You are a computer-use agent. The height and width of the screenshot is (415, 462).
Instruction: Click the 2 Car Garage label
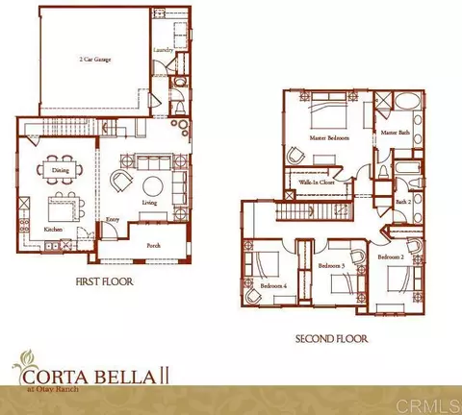(93, 60)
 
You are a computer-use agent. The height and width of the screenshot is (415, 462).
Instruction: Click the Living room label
(149, 203)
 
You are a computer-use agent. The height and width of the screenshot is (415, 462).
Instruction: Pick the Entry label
(113, 218)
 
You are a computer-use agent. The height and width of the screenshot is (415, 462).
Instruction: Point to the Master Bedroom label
(330, 138)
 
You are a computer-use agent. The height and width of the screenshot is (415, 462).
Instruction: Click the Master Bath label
(395, 132)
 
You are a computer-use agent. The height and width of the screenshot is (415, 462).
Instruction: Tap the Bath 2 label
(402, 202)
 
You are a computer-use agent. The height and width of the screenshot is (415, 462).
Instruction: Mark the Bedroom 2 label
(391, 257)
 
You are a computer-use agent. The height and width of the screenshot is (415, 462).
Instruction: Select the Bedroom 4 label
(271, 285)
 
